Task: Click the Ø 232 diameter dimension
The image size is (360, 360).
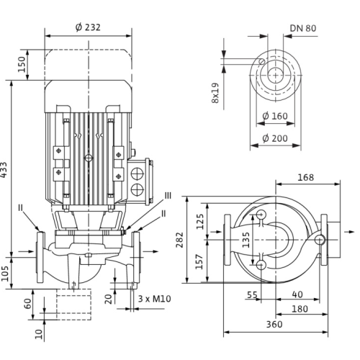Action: [88, 27]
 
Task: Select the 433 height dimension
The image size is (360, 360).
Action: [4, 170]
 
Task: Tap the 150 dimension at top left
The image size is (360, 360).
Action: [22, 64]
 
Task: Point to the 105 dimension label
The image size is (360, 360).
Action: [5, 274]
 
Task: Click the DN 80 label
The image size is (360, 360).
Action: [303, 28]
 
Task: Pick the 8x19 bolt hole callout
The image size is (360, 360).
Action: [215, 93]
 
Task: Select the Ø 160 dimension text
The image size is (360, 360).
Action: [275, 117]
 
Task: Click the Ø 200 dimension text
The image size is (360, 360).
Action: [275, 138]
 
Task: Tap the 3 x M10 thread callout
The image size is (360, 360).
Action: [155, 299]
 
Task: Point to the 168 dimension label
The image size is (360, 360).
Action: [305, 178]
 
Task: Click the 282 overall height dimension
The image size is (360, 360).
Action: [179, 240]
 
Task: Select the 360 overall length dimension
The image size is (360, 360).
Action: [274, 325]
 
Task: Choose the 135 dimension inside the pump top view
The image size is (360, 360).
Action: [246, 240]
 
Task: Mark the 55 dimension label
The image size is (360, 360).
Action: [252, 294]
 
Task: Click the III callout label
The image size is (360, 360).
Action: [168, 196]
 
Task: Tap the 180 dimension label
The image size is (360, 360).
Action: [300, 309]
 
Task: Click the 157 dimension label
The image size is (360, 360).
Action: [199, 261]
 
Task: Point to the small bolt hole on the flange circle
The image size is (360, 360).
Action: [262, 61]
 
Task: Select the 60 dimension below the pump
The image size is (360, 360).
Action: [28, 304]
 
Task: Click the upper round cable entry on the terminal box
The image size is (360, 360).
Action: [137, 174]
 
